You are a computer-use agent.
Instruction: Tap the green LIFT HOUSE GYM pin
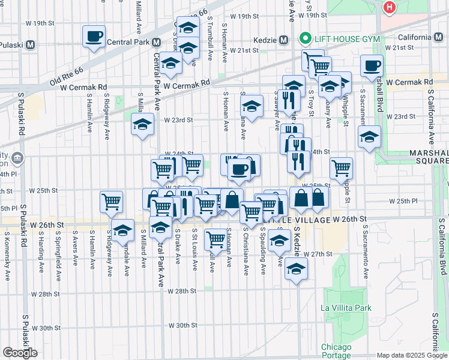pyautogui.click(x=305, y=39)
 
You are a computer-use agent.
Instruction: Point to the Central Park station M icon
pyautogui.click(x=156, y=43)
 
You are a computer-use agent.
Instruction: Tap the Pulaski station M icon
pyautogui.click(x=29, y=44)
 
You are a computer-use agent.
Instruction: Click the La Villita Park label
pyautogui.click(x=346, y=308)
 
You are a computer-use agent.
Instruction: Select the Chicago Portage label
pyautogui.click(x=336, y=351)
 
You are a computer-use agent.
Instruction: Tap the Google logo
pyautogui.click(x=20, y=353)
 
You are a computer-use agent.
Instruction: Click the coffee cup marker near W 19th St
pyautogui.click(x=94, y=36)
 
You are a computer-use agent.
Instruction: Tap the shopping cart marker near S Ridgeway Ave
pyautogui.click(x=111, y=202)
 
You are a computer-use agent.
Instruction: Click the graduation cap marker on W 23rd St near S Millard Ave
pyautogui.click(x=142, y=125)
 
